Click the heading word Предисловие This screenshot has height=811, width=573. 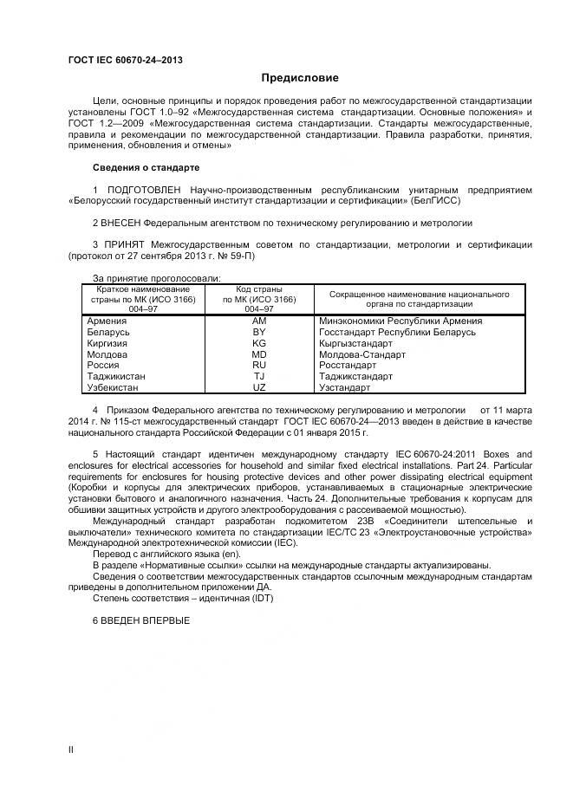pyautogui.click(x=300, y=78)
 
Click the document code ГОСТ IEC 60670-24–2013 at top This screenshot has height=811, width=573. pyautogui.click(x=125, y=60)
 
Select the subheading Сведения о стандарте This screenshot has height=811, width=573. pyautogui.click(x=146, y=167)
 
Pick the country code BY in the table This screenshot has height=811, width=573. pyautogui.click(x=258, y=332)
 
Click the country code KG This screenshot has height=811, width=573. pyautogui.click(x=258, y=343)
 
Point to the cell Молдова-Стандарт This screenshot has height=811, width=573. pyautogui.click(x=356, y=354)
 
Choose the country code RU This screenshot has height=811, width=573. pyautogui.click(x=258, y=366)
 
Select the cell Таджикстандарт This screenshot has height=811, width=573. pyautogui.click(x=355, y=377)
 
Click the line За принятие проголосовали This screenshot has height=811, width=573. pyautogui.click(x=157, y=277)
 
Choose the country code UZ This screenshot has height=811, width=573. pyautogui.click(x=258, y=387)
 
